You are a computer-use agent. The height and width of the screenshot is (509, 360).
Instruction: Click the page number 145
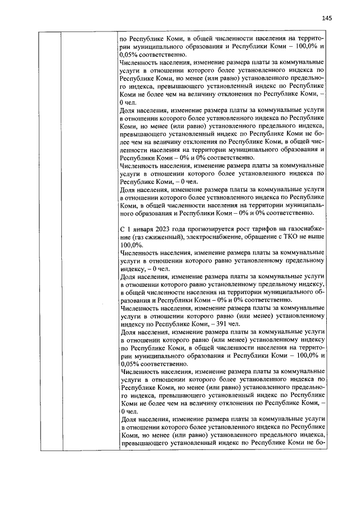point(327,18)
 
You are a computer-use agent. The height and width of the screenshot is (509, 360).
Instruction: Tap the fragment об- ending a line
point(320,292)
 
